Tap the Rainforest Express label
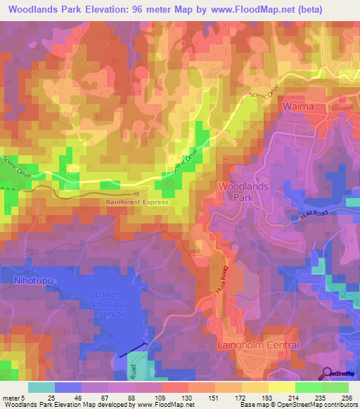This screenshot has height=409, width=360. [137, 202]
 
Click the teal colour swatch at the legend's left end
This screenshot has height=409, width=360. [41, 387]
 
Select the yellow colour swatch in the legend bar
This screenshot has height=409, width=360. [281, 387]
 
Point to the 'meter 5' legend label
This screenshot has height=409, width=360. [13, 398]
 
